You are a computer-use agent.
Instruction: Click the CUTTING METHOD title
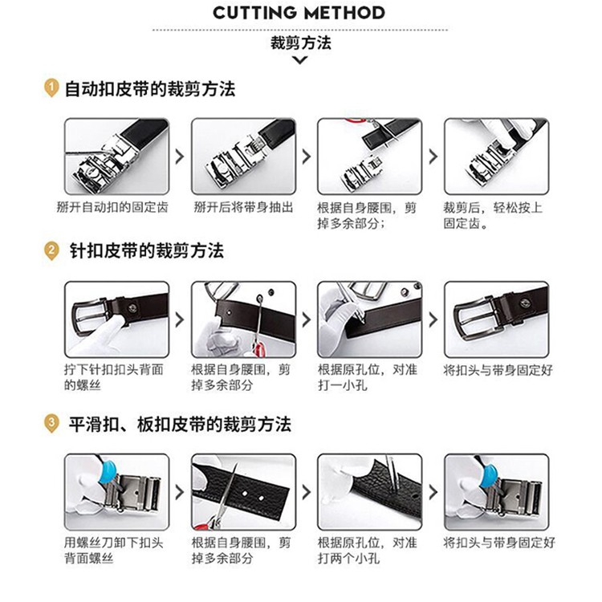click(x=299, y=13)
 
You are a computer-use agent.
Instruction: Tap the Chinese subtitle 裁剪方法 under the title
click(x=301, y=43)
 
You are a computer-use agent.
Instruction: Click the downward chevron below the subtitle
click(x=300, y=60)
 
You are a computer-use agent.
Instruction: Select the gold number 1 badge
click(x=51, y=88)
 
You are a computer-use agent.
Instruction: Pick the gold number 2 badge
click(x=51, y=251)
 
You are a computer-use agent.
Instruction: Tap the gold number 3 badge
click(x=51, y=424)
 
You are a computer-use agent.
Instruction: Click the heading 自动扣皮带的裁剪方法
click(x=150, y=89)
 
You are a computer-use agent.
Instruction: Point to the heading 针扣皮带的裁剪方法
click(x=146, y=251)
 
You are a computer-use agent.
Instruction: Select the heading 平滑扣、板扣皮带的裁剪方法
click(x=180, y=425)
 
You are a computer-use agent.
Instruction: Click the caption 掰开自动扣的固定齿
click(x=112, y=207)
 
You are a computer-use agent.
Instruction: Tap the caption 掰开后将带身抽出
click(x=243, y=207)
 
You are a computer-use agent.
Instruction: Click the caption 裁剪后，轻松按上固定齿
click(x=493, y=215)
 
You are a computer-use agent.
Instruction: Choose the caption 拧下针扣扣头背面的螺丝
click(x=114, y=377)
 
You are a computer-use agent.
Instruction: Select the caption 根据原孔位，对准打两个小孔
click(x=367, y=550)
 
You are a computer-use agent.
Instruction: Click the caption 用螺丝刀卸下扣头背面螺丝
click(x=114, y=550)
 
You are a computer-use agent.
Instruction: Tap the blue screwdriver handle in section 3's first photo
click(x=108, y=473)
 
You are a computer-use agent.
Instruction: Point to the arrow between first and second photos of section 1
click(x=179, y=157)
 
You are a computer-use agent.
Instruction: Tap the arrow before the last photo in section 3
click(x=433, y=492)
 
